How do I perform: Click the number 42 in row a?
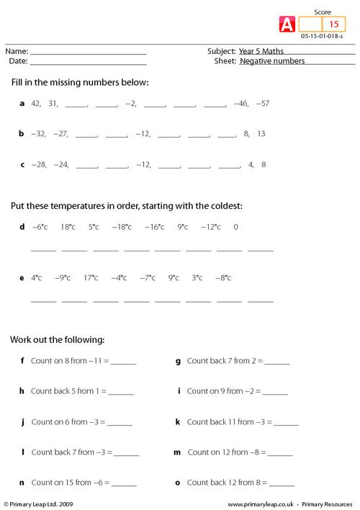coord(36,104)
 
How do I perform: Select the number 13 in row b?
coord(261,134)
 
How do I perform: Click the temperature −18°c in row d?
coord(122,227)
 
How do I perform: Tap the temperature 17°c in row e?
coord(91,277)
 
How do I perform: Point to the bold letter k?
coord(177,421)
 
